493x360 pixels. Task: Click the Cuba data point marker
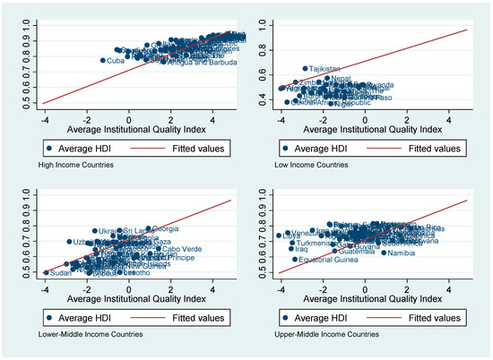[x=102, y=60]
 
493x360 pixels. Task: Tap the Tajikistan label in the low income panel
[x=325, y=68]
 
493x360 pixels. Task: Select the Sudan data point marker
[x=46, y=272]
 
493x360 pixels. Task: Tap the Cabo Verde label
[x=180, y=249]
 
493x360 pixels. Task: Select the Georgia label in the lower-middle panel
[x=166, y=228]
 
